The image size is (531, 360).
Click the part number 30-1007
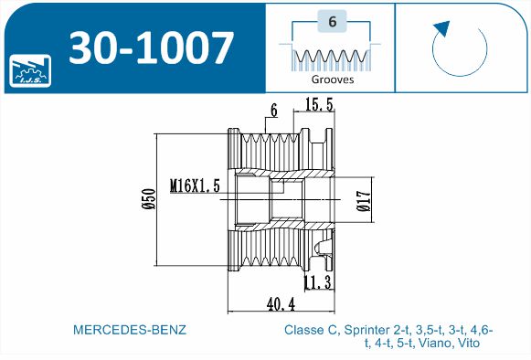[152, 48]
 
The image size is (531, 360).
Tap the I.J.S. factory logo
[30, 70]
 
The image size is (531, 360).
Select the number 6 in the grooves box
[332, 21]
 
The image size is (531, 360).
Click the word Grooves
[332, 79]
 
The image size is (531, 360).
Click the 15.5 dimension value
[319, 104]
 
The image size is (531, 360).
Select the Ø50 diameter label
[149, 199]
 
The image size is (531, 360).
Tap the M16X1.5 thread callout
[195, 185]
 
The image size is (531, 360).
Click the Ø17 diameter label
[364, 201]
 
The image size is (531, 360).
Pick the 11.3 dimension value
[318, 282]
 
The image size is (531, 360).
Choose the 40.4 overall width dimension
[281, 304]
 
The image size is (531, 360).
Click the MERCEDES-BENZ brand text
[130, 330]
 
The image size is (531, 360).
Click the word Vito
[469, 343]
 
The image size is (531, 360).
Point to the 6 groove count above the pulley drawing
[274, 111]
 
